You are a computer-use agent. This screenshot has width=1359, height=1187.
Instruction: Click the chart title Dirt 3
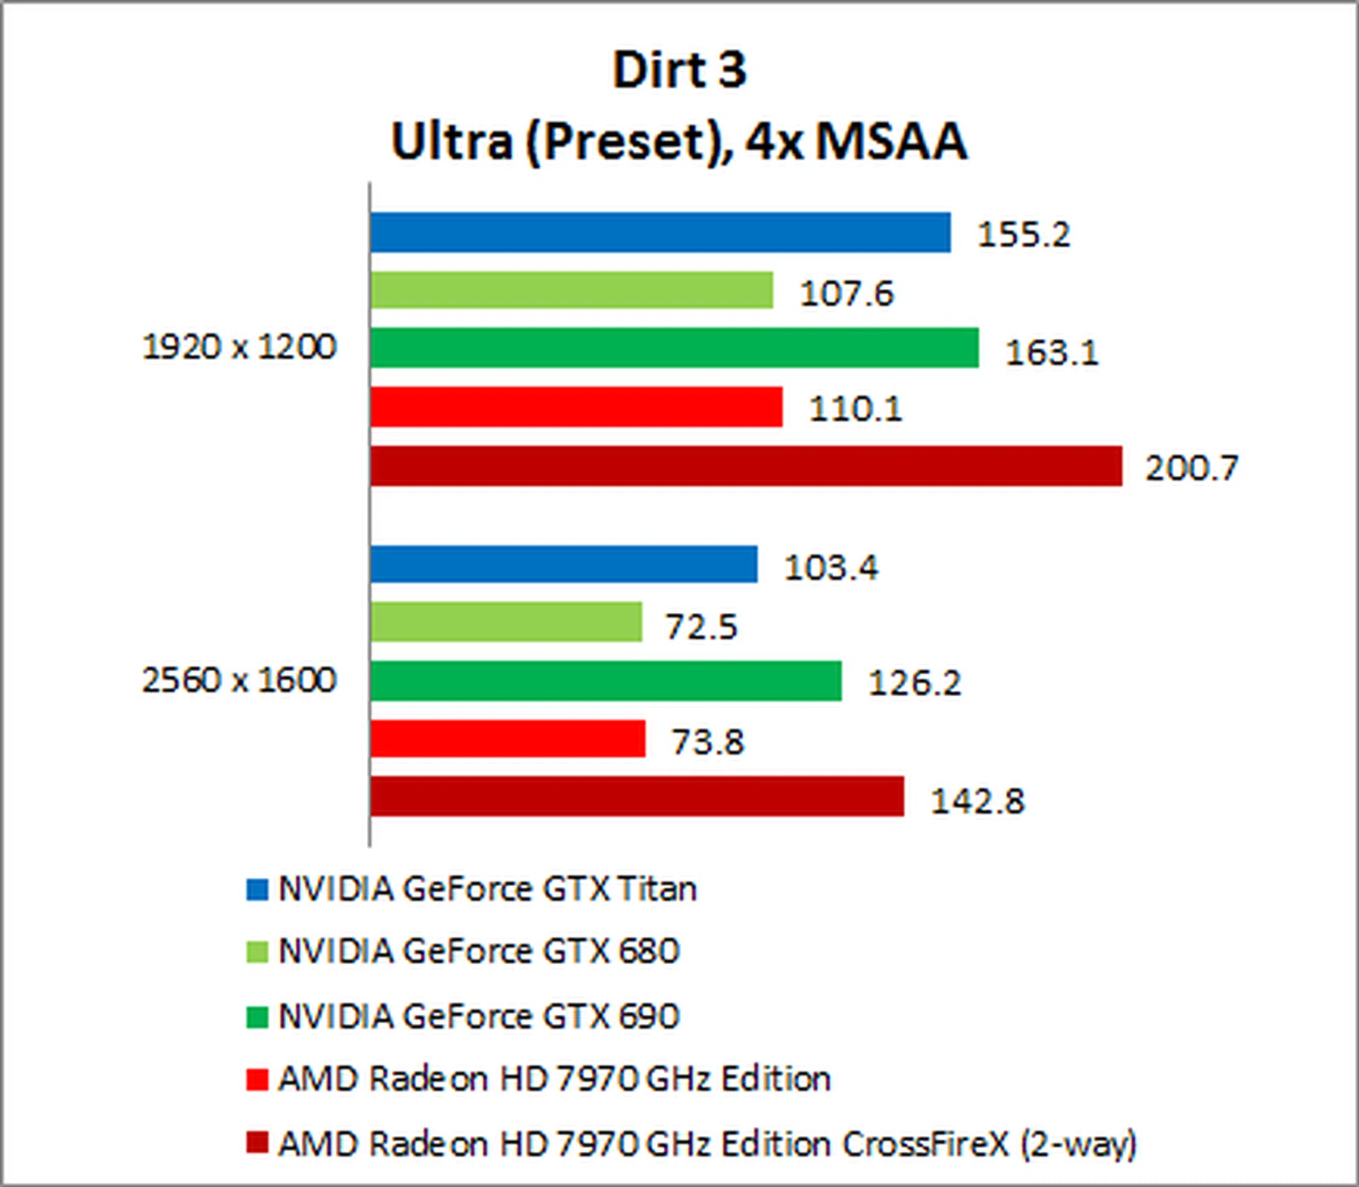(x=679, y=70)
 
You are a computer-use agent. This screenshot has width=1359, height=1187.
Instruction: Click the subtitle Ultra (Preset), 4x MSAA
(x=679, y=141)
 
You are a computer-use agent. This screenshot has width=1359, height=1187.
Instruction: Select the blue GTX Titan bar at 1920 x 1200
(x=660, y=232)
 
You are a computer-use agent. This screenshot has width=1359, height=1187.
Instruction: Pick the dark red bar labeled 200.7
(x=746, y=466)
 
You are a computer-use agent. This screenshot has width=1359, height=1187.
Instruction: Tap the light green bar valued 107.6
(x=571, y=290)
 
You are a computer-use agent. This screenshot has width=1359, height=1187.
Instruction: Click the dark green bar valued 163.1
(x=674, y=348)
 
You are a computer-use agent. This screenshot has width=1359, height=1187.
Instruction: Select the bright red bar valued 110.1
(x=576, y=407)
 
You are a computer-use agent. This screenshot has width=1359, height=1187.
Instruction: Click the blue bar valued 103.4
(x=563, y=564)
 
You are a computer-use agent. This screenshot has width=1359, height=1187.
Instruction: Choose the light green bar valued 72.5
(x=506, y=622)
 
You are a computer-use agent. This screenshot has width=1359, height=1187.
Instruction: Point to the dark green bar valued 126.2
(x=606, y=681)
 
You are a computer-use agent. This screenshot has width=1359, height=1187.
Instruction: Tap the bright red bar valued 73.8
(x=508, y=739)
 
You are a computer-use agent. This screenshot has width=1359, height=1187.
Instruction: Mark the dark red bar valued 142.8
(x=637, y=796)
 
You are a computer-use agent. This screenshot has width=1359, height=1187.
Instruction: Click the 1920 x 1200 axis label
(x=239, y=347)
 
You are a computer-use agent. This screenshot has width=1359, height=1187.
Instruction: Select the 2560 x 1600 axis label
(x=239, y=680)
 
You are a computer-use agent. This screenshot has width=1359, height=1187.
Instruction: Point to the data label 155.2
(x=1023, y=234)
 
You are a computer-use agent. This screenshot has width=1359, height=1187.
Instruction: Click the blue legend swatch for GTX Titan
(x=257, y=890)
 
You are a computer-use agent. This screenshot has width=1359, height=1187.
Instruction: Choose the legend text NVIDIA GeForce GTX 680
(x=478, y=951)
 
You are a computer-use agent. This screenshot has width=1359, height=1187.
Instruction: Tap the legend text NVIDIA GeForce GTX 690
(x=478, y=1016)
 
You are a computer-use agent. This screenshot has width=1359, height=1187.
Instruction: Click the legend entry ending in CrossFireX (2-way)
(x=706, y=1144)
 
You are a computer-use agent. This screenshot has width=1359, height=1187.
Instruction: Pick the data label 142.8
(x=977, y=801)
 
